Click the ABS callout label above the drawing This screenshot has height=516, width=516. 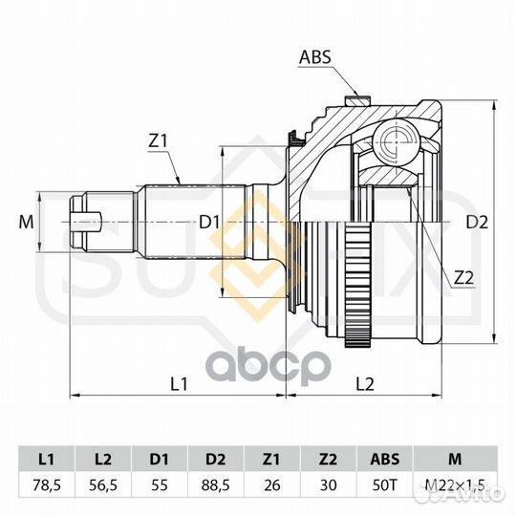pyautogui.click(x=315, y=57)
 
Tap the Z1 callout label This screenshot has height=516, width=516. pyautogui.click(x=159, y=141)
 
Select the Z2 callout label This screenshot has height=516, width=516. pyautogui.click(x=463, y=278)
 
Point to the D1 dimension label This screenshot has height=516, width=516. pyautogui.click(x=209, y=223)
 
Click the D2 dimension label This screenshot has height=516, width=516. pyautogui.click(x=477, y=223)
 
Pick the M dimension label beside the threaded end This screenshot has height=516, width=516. pyautogui.click(x=26, y=222)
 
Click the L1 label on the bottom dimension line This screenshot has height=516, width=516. pyautogui.click(x=179, y=384)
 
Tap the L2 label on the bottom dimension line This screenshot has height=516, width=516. pyautogui.click(x=365, y=384)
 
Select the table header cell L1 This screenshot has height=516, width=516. pyautogui.click(x=47, y=459)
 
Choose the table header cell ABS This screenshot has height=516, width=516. pyautogui.click(x=385, y=459)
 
